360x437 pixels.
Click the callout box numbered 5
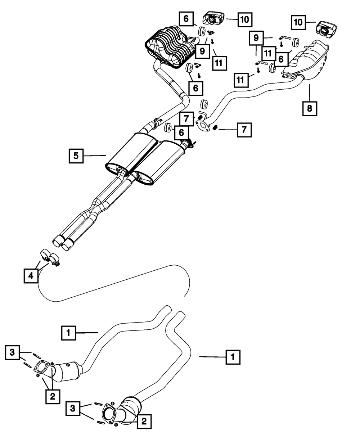(x=76, y=156)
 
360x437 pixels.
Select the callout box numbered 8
(x=310, y=108)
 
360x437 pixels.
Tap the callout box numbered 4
(x=31, y=276)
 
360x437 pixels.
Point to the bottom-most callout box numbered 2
(x=144, y=421)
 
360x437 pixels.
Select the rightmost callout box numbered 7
(x=244, y=129)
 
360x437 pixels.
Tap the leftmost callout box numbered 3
(x=13, y=352)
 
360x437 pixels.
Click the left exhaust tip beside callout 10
(x=214, y=17)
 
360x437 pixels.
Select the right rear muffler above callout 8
(x=308, y=60)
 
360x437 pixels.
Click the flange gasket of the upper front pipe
(x=43, y=368)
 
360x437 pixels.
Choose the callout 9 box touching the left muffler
(x=202, y=51)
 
